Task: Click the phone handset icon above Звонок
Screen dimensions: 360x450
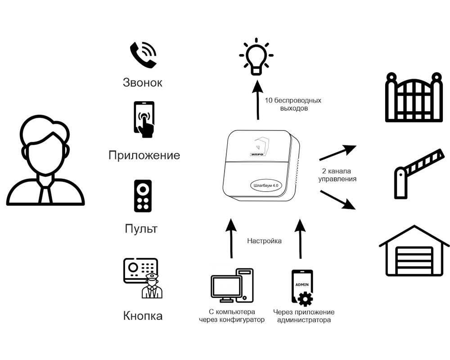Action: pyautogui.click(x=143, y=54)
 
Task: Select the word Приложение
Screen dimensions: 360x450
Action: pyautogui.click(x=144, y=156)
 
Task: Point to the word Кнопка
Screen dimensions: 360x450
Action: pyautogui.click(x=143, y=316)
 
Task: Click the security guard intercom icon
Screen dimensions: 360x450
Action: pyautogui.click(x=141, y=278)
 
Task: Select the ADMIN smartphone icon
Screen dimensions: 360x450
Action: pyautogui.click(x=302, y=288)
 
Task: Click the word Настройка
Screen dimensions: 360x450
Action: pyautogui.click(x=264, y=241)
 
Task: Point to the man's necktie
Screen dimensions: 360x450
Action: pyautogui.click(x=45, y=192)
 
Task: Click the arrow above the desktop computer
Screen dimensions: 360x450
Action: pyautogui.click(x=231, y=238)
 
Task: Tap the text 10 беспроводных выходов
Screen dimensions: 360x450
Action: pyautogui.click(x=293, y=104)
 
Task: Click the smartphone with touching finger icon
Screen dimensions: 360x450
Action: pyautogui.click(x=144, y=119)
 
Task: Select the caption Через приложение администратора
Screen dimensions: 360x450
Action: pyautogui.click(x=304, y=316)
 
